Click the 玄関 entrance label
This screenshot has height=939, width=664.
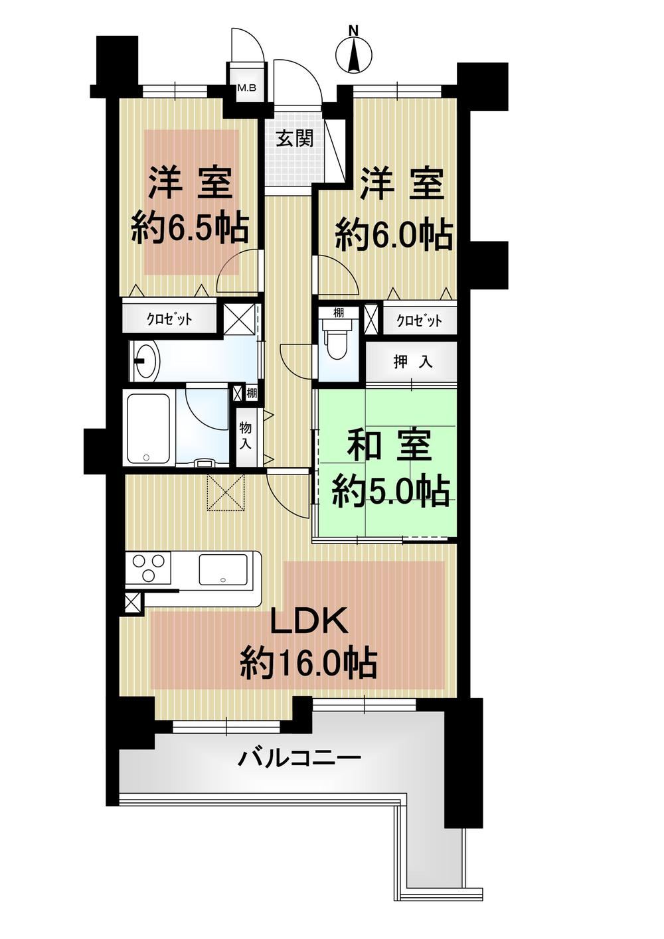click(x=294, y=138)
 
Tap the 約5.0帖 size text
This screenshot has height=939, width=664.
click(x=390, y=491)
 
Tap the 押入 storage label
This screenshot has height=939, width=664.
click(x=413, y=362)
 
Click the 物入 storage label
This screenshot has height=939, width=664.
click(x=246, y=436)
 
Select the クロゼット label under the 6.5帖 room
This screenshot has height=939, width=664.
click(x=169, y=320)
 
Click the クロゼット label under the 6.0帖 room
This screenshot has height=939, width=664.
click(x=419, y=321)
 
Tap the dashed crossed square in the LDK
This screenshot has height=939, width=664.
click(x=226, y=492)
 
